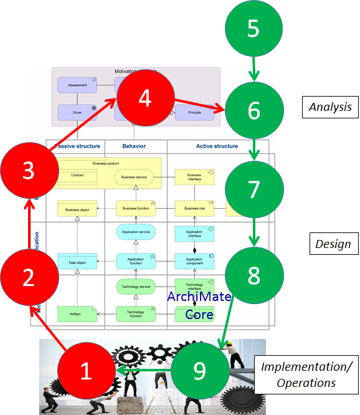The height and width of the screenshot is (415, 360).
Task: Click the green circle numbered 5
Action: pos(253,29)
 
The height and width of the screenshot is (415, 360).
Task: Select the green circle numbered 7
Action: pos(253,189)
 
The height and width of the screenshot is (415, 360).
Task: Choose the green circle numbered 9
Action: pos(199,371)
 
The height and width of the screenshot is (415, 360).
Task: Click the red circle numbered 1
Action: pos(87,371)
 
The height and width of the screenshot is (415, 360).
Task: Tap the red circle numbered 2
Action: pos(29,278)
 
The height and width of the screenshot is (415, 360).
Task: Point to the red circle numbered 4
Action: pos(144,99)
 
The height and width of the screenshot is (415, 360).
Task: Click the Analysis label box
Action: pos(331,107)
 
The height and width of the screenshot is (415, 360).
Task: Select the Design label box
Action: pos(333,244)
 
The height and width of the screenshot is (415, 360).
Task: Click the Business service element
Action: pos(135,176)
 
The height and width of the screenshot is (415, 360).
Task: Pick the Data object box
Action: pos(77,262)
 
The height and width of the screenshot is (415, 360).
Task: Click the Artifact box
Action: pos(77,313)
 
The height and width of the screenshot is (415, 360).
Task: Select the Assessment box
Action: pos(77,85)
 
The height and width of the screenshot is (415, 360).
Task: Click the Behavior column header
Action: pos(135,146)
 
